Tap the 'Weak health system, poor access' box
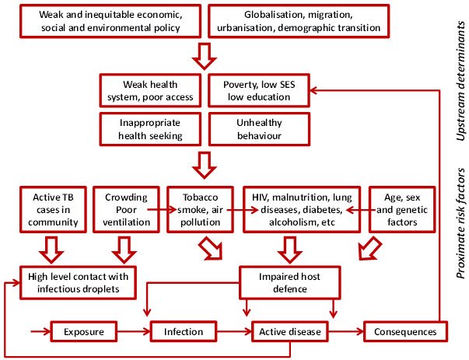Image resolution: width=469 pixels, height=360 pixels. (151, 90)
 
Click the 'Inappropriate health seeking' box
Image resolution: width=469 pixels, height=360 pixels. (151, 129)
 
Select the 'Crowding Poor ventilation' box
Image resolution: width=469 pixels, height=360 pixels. (125, 206)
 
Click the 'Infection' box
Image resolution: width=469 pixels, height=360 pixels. (183, 332)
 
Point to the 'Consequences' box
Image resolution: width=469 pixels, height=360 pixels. (405, 332)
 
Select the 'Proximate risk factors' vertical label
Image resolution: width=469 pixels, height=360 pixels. (458, 233)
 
